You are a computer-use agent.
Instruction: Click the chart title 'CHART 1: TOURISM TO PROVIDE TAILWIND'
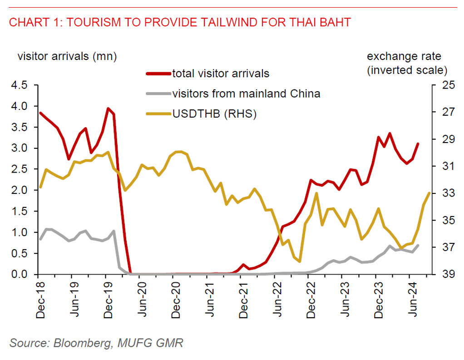pyautogui.click(x=180, y=22)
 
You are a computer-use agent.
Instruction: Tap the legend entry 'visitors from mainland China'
pyautogui.click(x=247, y=94)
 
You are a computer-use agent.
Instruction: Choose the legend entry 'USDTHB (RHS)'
pyautogui.click(x=214, y=114)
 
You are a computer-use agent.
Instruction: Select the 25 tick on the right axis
pyautogui.click(x=443, y=85)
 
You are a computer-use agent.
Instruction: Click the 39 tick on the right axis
pyautogui.click(x=443, y=275)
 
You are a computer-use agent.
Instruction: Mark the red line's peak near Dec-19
pyautogui.click(x=108, y=108)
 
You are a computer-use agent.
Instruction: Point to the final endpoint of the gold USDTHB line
pyautogui.click(x=429, y=193)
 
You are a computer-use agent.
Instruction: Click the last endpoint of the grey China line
pyautogui.click(x=418, y=245)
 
